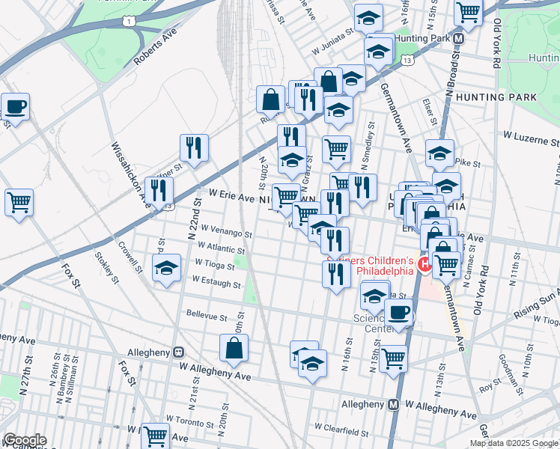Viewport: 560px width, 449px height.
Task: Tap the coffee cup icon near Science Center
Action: pyautogui.click(x=398, y=314)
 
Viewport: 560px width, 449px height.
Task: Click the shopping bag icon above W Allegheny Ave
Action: pyautogui.click(x=234, y=348)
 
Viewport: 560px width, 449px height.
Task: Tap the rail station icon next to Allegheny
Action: pyautogui.click(x=179, y=352)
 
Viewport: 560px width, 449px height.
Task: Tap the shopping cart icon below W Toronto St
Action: pyautogui.click(x=156, y=436)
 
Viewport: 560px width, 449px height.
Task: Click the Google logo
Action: pyautogui.click(x=25, y=440)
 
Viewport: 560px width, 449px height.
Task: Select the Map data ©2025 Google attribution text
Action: pyautogui.click(x=514, y=443)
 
